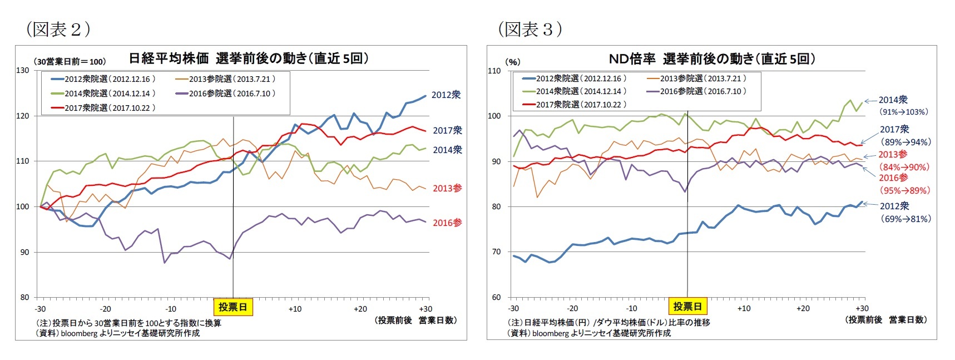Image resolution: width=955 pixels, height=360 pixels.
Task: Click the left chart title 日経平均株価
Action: tap(169, 58)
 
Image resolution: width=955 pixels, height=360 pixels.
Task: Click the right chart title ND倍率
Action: tap(632, 58)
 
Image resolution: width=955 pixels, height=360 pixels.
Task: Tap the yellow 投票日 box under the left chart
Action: tap(232, 307)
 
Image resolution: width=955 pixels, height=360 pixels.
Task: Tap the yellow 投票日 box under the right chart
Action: tap(687, 306)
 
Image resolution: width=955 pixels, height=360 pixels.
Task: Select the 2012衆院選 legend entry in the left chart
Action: tap(103, 79)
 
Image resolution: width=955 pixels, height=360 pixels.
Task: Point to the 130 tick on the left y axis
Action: tap(23, 71)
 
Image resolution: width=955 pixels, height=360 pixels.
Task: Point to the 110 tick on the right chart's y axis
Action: tap(494, 71)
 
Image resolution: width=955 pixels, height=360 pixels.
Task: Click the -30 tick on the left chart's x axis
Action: tap(40, 309)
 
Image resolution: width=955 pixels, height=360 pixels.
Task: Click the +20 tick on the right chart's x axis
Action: tap(803, 308)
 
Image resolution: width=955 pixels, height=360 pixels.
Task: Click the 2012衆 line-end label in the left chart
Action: tap(446, 95)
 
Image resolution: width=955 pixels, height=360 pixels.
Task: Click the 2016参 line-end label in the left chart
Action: tap(447, 223)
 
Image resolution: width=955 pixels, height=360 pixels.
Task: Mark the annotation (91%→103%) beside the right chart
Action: tap(903, 112)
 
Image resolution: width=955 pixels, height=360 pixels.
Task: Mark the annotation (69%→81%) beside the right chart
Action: tap(905, 219)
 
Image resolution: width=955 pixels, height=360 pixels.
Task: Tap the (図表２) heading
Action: tap(58, 29)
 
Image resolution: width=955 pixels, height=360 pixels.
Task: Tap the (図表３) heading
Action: tap(530, 29)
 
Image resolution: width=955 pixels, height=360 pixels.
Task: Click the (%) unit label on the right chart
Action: tap(512, 62)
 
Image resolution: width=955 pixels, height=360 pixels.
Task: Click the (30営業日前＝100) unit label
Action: tap(70, 61)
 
